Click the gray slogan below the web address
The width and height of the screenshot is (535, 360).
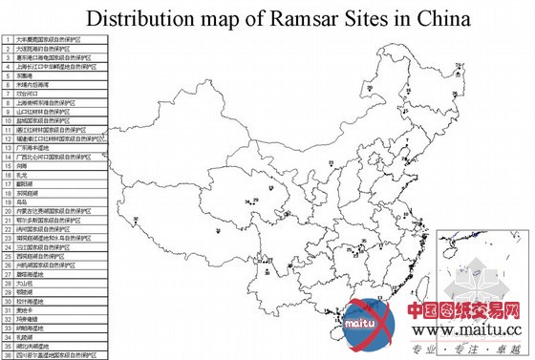467,349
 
